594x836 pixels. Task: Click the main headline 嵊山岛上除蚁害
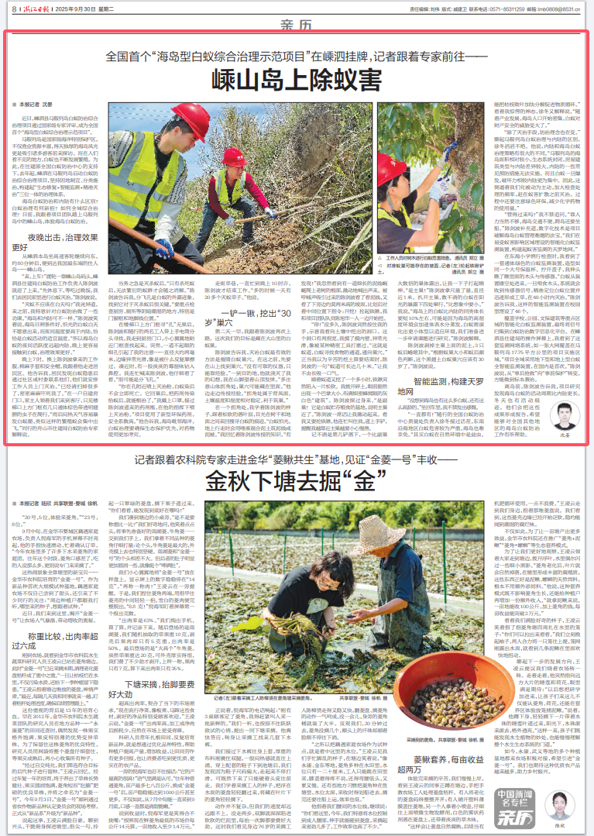[x=297, y=81]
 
